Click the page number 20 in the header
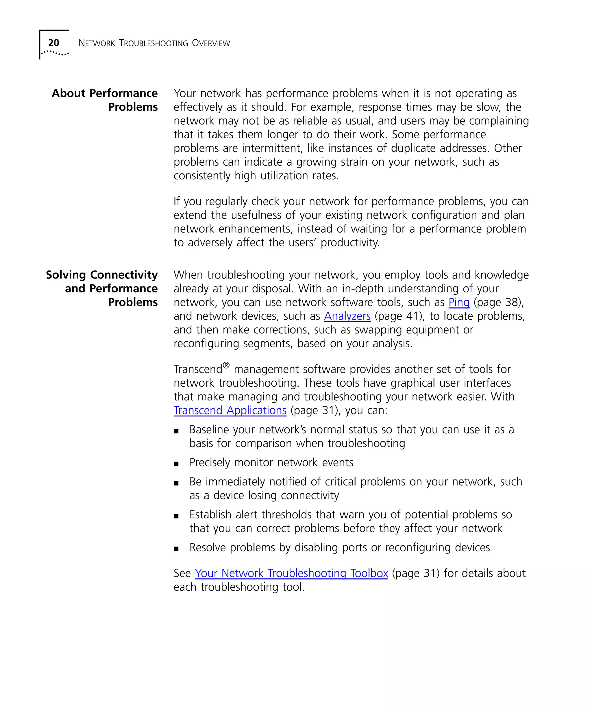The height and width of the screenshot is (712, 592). tap(53, 43)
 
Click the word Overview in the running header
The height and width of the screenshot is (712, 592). tap(211, 43)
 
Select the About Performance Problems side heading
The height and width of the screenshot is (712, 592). tap(105, 100)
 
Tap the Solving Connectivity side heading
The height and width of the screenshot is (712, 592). tap(102, 275)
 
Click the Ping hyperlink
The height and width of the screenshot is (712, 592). tap(459, 302)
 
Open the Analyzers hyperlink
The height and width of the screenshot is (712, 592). tap(347, 316)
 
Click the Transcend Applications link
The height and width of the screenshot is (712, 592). tap(230, 410)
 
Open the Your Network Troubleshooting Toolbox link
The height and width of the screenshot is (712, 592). tap(291, 573)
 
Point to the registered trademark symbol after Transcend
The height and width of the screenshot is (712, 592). tap(226, 365)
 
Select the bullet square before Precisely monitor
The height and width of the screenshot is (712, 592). tap(176, 464)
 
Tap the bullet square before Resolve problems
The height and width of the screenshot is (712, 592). tap(176, 549)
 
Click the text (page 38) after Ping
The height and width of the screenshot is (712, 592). tap(498, 302)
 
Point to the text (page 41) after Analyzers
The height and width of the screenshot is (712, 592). tap(399, 316)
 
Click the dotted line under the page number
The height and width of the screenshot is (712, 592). tap(55, 53)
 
